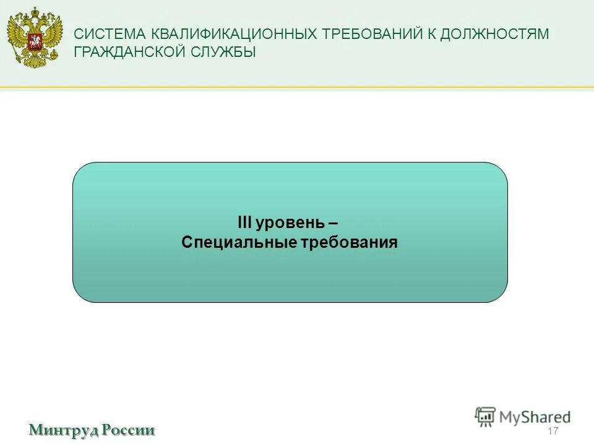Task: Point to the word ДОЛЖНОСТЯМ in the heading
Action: pos(494,35)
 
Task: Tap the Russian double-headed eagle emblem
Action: pos(35,38)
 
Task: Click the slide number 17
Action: pos(553,431)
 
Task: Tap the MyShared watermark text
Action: pos(536,417)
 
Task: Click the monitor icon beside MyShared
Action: pos(485,416)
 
